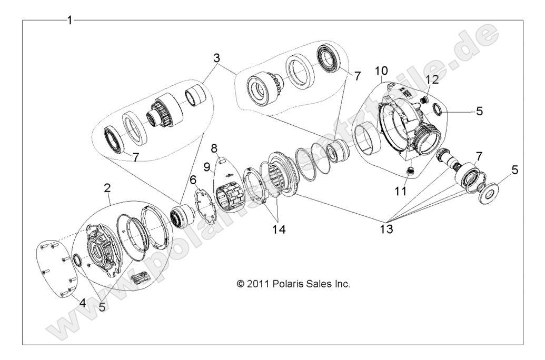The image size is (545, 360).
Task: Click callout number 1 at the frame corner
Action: point(69,21)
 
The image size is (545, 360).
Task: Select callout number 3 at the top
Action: point(216,58)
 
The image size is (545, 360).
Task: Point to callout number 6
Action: point(193,181)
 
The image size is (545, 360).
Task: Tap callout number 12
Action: point(433,80)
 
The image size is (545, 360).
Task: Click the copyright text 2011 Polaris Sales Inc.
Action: point(294,284)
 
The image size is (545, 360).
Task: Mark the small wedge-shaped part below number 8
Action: point(222,157)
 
